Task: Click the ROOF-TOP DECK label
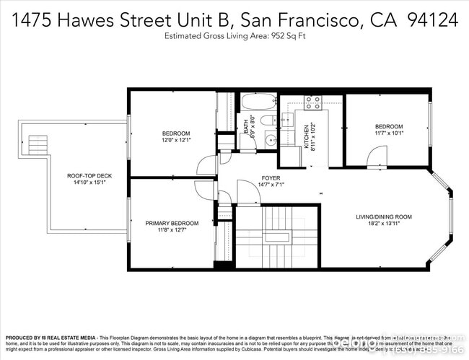pos(89,175)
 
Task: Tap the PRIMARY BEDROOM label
pos(172,223)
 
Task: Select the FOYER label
pos(271,177)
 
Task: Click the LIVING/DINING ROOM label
pos(383,216)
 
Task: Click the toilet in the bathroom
pos(267,120)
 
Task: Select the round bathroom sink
pos(269,140)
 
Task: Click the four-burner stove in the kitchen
pos(313,103)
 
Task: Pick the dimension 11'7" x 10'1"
pos(389,133)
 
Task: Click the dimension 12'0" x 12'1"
pos(175,140)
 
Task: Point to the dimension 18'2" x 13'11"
pos(383,224)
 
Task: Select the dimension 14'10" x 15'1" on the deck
pos(89,182)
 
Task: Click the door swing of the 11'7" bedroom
pos(376,156)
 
